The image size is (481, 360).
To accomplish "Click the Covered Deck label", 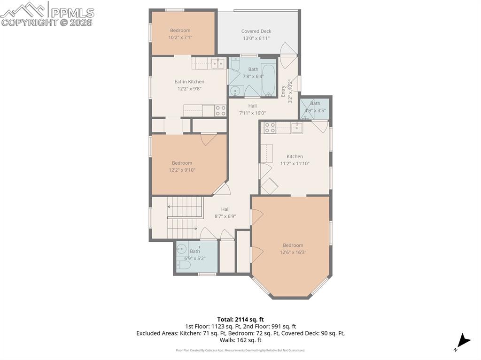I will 256,31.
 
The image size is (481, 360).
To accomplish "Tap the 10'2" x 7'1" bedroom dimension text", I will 181,38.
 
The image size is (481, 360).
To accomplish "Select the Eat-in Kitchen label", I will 189,82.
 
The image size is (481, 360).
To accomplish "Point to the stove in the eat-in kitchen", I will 220,111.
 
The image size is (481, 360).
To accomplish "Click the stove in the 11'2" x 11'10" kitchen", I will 270,128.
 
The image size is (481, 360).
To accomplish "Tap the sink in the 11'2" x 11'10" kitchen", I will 296,128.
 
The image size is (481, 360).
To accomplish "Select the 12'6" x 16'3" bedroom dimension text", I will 293,253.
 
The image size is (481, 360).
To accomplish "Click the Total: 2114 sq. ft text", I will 240,319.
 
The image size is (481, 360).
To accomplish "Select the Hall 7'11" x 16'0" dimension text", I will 252,113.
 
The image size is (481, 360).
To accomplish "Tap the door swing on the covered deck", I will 286,49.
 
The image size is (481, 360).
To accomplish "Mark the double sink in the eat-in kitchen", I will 217,63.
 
